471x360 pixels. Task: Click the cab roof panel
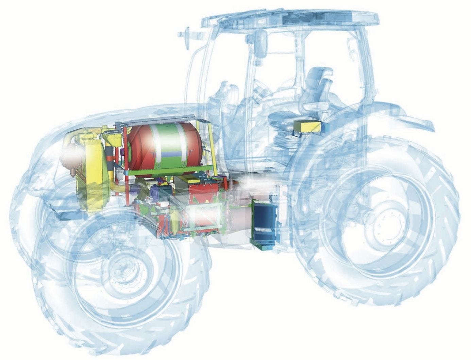pos(289,19)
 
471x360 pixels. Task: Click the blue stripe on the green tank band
pos(170,154)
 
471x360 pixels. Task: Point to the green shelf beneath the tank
pos(170,173)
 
